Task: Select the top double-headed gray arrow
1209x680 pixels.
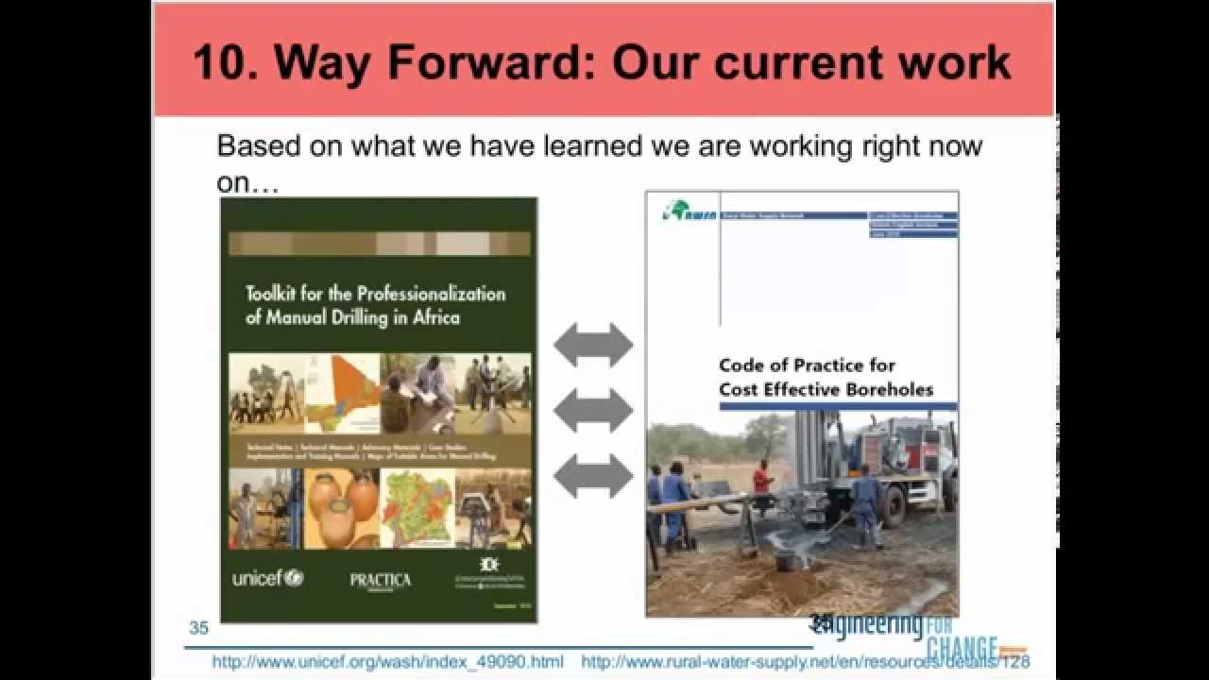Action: click(592, 345)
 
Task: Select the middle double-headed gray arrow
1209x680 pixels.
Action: click(592, 410)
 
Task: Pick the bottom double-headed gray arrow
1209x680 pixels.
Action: click(592, 475)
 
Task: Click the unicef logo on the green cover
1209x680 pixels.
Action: click(267, 577)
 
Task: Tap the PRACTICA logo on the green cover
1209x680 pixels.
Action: click(380, 580)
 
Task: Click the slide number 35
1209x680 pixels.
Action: click(198, 628)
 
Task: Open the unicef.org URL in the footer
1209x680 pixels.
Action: click(387, 662)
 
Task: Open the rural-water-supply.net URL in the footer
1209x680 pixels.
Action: click(803, 662)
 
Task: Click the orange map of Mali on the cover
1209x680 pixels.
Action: click(341, 390)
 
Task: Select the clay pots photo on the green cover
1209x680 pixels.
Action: click(341, 507)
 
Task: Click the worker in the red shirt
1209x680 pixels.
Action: click(761, 477)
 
